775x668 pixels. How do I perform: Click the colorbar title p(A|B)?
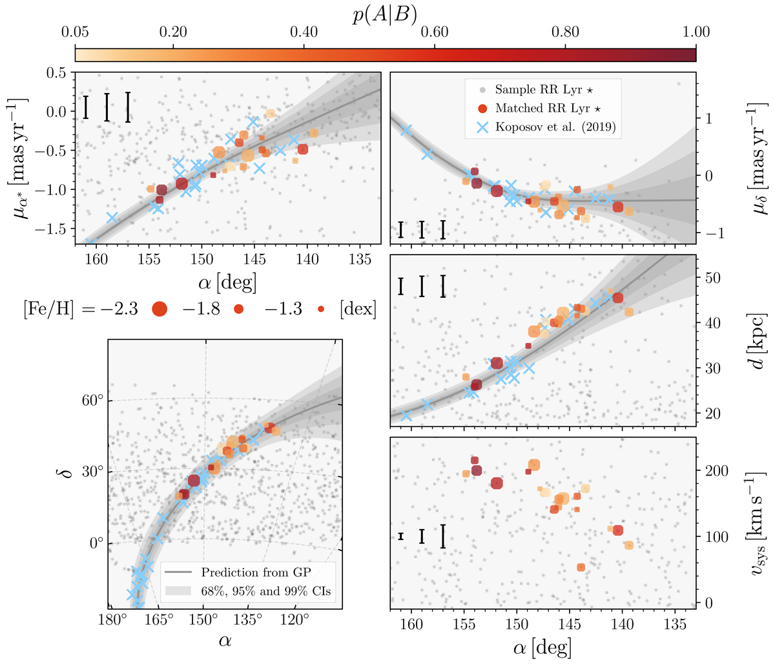385,12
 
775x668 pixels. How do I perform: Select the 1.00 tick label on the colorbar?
696,32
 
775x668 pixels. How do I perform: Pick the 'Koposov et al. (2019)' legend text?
555,127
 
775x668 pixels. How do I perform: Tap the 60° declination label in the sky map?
92,401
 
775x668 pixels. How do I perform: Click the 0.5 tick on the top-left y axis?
57,72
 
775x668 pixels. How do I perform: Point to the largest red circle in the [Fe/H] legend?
160,309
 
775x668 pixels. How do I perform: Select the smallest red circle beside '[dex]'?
322,309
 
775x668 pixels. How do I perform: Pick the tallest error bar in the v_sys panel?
443,536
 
